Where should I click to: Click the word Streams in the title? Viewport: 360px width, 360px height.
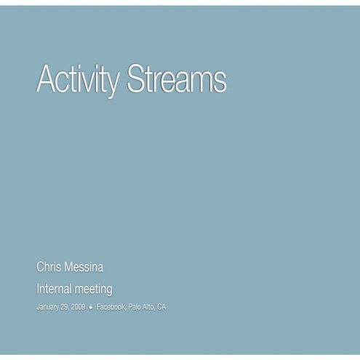tap(176, 79)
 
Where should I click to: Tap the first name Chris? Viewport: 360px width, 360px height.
tap(49, 268)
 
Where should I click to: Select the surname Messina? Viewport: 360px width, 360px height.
tap(89, 268)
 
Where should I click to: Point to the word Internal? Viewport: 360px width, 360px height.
tap(55, 289)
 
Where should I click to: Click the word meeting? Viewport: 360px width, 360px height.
tap(95, 289)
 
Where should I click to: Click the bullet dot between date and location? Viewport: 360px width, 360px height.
tap(91, 308)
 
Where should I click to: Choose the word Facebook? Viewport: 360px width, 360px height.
tap(111, 308)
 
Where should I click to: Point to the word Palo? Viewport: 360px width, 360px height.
tap(135, 308)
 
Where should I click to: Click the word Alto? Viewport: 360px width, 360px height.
tap(149, 308)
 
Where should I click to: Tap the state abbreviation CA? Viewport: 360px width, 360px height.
tap(161, 308)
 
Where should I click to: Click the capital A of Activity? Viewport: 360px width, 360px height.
tap(46, 79)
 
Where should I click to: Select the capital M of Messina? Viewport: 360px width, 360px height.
tap(70, 268)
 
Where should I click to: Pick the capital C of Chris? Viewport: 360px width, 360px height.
tap(41, 268)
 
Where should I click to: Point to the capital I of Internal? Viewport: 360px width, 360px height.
tap(38, 289)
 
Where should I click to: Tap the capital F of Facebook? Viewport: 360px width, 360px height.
tap(99, 308)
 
